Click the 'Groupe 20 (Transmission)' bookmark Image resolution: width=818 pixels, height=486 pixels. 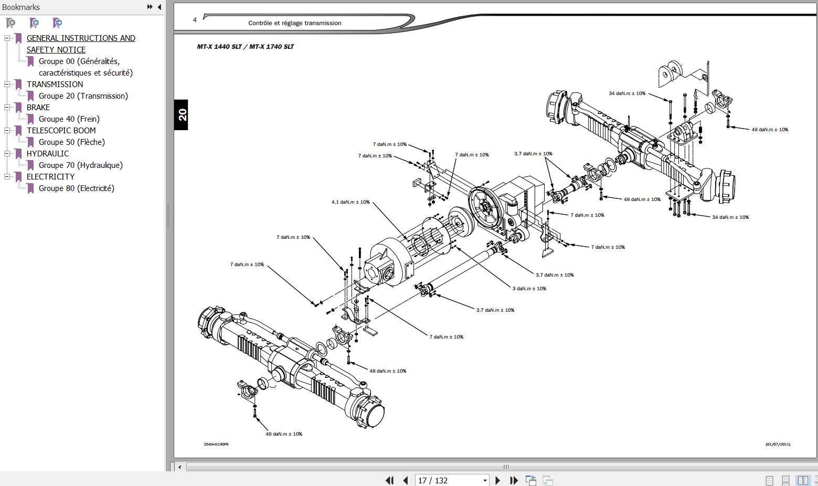83,96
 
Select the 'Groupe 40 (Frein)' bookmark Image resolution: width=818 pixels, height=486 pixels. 69,119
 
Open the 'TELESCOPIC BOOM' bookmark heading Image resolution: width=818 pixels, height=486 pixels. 61,131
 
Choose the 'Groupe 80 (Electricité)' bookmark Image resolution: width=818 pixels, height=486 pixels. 76,188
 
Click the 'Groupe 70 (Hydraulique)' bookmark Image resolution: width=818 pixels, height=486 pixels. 80,165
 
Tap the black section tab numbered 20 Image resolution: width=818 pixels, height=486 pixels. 182,114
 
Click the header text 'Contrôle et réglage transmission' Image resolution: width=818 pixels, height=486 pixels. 294,23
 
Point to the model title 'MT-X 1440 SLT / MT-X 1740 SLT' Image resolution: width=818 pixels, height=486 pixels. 245,47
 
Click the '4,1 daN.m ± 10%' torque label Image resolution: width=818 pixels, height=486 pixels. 350,202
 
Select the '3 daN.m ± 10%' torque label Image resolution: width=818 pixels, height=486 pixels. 529,289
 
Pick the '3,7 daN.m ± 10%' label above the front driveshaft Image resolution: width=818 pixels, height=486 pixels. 533,154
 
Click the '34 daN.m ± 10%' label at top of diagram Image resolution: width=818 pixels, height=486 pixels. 627,93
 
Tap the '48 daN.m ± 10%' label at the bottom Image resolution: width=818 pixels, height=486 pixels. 284,434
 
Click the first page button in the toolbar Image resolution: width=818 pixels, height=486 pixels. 389,480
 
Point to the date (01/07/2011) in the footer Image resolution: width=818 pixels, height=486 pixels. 778,445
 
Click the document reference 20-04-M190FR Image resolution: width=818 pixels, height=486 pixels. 216,445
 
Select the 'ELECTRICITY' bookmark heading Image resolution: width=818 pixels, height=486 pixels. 50,177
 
